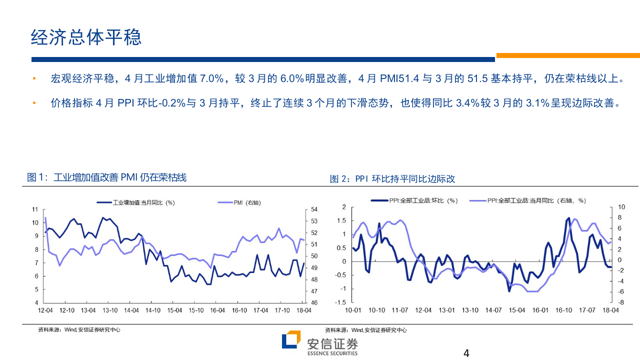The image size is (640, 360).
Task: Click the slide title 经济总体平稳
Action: (86, 37)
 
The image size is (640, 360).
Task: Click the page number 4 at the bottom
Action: (466, 353)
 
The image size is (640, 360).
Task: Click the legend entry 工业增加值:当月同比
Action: (135, 202)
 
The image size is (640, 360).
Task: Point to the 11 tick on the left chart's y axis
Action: (35, 209)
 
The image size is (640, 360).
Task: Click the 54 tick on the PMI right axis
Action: (314, 209)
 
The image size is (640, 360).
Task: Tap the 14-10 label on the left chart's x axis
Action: (153, 310)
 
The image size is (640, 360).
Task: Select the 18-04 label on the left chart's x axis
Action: (304, 310)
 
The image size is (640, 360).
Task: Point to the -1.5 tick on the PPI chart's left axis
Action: (340, 302)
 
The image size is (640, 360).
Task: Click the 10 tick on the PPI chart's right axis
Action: (621, 207)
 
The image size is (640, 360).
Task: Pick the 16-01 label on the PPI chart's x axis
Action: (540, 310)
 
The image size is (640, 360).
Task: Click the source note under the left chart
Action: (79, 330)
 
